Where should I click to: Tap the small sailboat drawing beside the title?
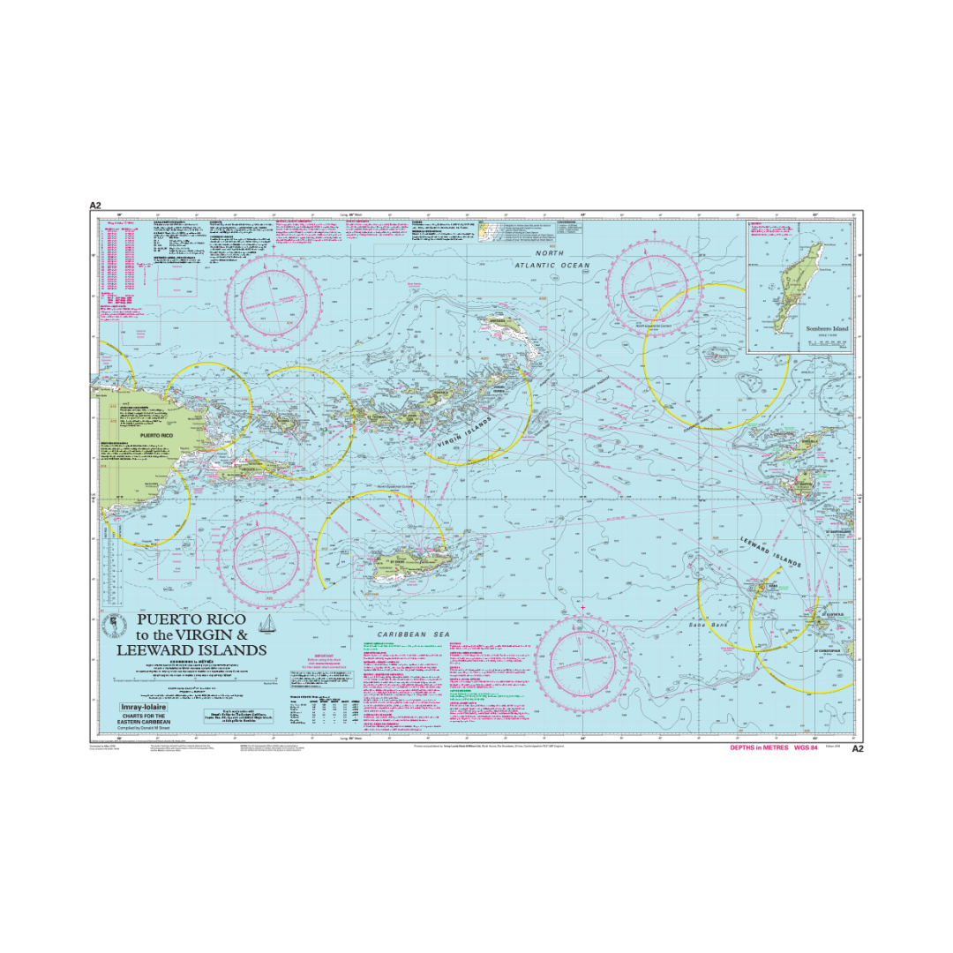coord(274,626)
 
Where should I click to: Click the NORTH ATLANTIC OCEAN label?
coord(553,259)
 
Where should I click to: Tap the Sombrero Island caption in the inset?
coord(802,328)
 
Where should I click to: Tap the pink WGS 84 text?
coord(807,747)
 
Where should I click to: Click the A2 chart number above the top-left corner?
coord(95,206)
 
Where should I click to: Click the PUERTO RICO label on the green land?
coord(162,436)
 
